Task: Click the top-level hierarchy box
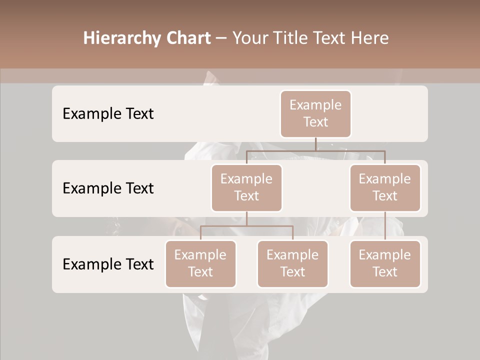point(315,113)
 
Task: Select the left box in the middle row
point(246,187)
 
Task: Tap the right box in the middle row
point(385,187)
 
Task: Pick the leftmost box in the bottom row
point(200,263)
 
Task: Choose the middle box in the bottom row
point(292,263)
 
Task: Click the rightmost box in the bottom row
point(385,263)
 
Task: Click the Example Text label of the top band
point(108,113)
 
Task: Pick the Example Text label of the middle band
point(108,188)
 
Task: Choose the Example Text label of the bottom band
point(108,264)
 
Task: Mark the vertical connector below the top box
point(315,144)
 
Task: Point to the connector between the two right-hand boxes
point(385,226)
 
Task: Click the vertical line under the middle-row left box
point(246,219)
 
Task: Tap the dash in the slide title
point(221,38)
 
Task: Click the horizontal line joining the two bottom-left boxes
point(246,226)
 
